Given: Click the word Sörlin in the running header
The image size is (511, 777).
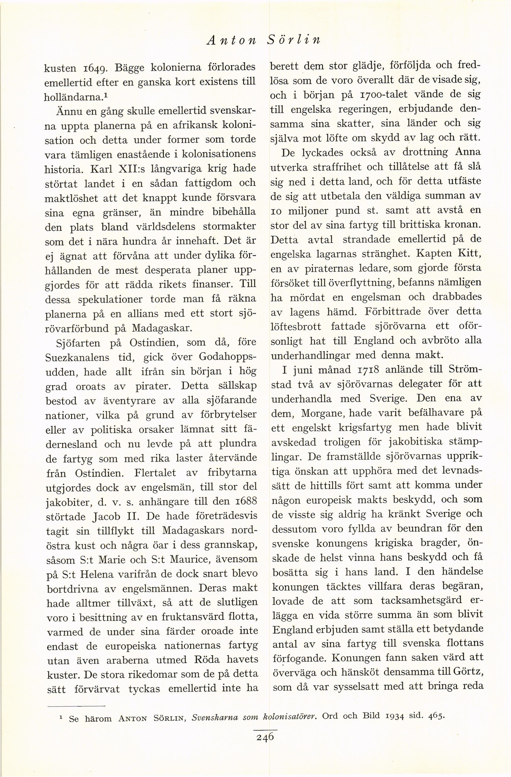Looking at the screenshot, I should [x=293, y=39].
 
